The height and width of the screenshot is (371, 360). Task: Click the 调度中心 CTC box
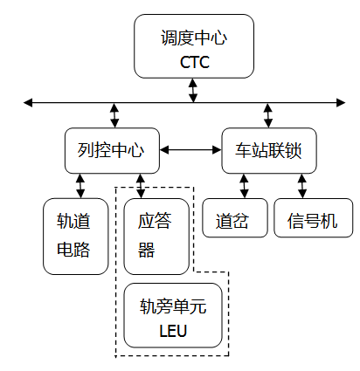pos(193,49)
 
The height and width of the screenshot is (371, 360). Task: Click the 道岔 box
pos(233,222)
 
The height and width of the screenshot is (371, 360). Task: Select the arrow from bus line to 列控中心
pos(114,115)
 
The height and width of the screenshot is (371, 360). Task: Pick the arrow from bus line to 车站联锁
pos(268,115)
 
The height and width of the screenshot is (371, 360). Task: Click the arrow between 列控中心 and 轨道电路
pos(80,185)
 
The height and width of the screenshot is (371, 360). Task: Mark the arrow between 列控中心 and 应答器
pos(141,185)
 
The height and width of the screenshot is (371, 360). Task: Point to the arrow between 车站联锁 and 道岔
pos(244,185)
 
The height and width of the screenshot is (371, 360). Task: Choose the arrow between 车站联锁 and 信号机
pos(302,185)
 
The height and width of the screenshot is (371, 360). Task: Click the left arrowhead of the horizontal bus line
pos(29,103)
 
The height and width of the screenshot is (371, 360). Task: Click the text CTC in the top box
pos(194,63)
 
